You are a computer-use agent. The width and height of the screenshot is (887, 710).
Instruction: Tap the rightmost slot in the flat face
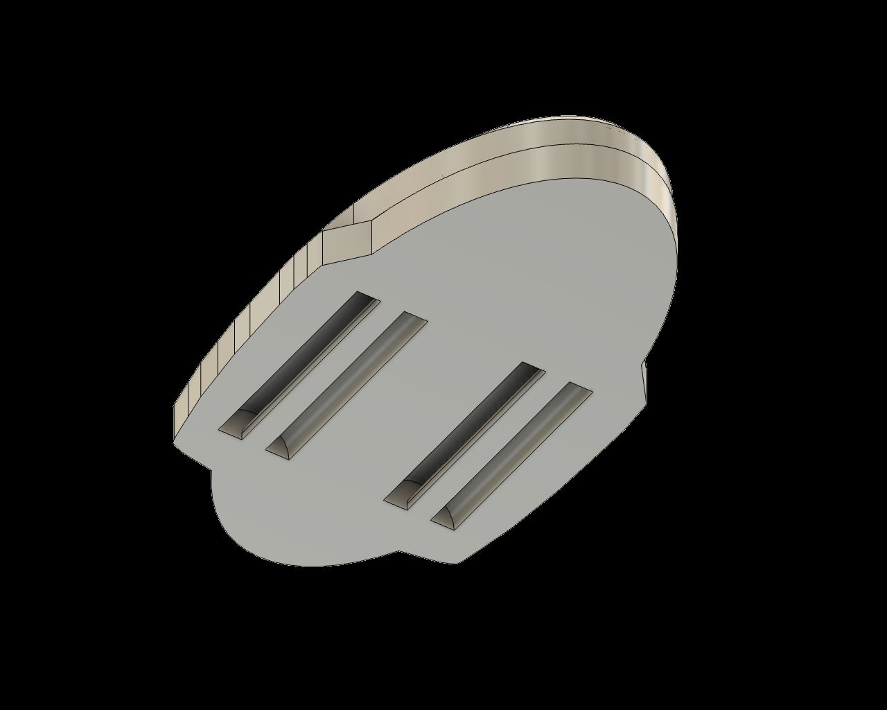tap(511, 454)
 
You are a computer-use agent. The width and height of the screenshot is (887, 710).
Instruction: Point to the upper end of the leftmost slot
tap(366, 300)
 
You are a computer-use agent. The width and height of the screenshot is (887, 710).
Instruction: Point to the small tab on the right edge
tap(644, 381)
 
